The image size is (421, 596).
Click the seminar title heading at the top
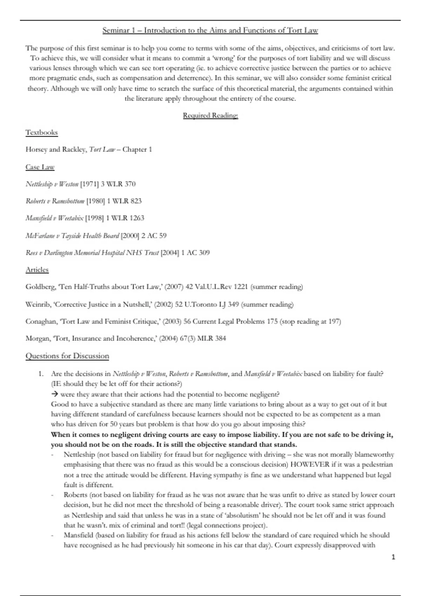pos(210,31)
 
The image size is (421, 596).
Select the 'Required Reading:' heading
pos(210,115)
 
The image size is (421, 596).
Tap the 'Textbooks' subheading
pos(41,133)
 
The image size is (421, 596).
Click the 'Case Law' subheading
pos(40,167)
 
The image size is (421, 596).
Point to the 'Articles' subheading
pos(37,270)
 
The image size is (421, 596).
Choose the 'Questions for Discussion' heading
pos(67,356)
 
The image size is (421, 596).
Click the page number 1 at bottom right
pos(393,557)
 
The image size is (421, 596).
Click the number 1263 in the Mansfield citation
pos(136,218)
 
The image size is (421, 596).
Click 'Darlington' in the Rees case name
pos(58,253)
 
